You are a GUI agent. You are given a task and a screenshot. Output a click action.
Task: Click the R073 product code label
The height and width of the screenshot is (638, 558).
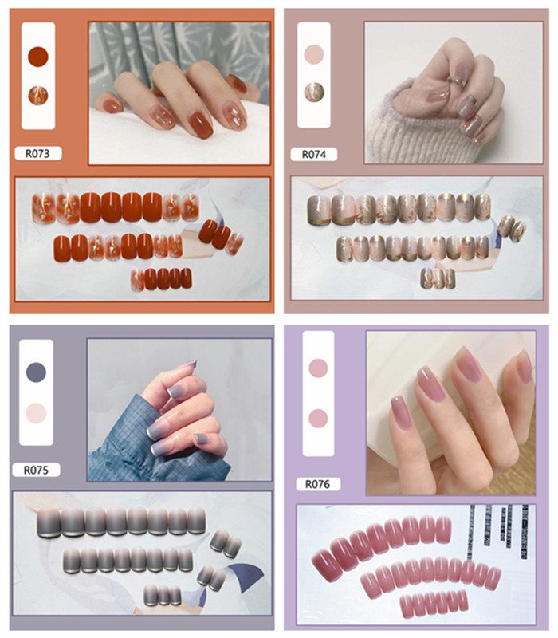37,153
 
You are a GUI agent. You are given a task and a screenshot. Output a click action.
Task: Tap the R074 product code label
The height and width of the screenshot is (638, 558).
313,154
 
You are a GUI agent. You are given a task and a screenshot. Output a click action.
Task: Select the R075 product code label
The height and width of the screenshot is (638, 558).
36,470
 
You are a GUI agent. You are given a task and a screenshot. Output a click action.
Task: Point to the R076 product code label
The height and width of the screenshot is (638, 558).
317,484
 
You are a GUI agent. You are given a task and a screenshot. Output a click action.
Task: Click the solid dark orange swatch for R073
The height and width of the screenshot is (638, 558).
38,57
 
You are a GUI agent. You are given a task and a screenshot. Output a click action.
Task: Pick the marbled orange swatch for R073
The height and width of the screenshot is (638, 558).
38,96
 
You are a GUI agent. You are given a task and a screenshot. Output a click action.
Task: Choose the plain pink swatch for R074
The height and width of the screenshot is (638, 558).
314,54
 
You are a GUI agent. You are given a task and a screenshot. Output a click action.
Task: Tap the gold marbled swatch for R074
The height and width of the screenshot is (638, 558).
314,92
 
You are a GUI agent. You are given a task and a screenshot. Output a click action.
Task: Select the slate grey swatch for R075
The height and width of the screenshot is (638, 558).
36,372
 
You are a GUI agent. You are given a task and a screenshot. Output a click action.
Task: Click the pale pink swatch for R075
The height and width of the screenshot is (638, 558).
36,413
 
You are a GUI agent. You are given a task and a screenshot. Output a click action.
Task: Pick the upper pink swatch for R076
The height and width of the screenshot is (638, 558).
318,368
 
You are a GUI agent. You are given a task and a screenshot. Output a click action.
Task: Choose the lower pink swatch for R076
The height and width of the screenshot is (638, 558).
318,418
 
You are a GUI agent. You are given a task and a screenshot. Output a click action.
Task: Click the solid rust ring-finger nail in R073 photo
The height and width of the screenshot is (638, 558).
201,124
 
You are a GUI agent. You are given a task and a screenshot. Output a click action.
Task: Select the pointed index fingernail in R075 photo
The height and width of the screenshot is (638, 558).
188,364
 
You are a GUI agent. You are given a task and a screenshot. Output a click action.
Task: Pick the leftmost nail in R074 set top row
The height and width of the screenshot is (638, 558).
319,210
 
